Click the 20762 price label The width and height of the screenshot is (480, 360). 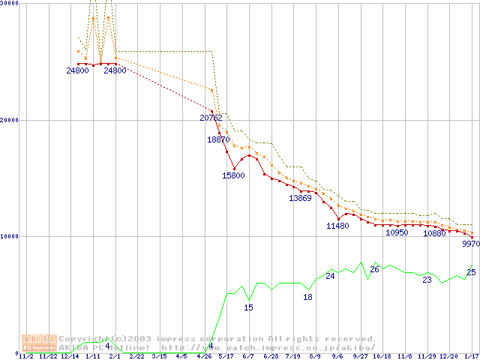(211, 118)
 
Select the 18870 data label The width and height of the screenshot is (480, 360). (218, 139)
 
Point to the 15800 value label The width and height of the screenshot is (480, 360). (233, 175)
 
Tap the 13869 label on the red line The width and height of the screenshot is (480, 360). (300, 198)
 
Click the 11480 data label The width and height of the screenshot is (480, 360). (337, 226)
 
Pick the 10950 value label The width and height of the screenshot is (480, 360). (397, 233)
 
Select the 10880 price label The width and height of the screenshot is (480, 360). (434, 233)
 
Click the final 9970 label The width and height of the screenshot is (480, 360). (470, 244)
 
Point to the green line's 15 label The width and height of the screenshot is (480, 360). (248, 307)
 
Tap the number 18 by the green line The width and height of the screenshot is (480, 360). (307, 297)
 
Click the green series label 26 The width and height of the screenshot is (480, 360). (374, 269)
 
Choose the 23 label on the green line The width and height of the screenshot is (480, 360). (427, 280)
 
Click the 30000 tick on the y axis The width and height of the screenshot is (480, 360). (10, 3)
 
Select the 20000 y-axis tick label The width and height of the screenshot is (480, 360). (10, 120)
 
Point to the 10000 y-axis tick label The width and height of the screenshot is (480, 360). (10, 236)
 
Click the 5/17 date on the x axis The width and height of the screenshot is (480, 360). (226, 356)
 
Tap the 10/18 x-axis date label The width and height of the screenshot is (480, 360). (382, 356)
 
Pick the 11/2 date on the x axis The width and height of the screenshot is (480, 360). (25, 356)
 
